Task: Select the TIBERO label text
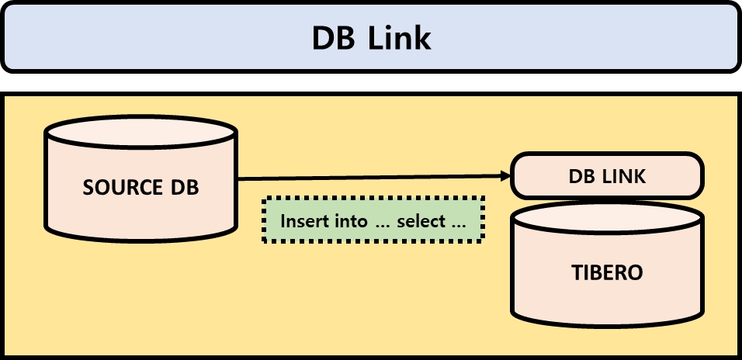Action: (x=607, y=273)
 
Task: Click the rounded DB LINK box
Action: (x=607, y=176)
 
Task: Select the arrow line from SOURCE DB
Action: (x=373, y=178)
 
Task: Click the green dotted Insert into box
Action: (x=373, y=220)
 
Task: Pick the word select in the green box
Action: (x=421, y=221)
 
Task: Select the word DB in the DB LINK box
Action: (x=582, y=176)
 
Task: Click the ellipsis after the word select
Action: (x=458, y=223)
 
